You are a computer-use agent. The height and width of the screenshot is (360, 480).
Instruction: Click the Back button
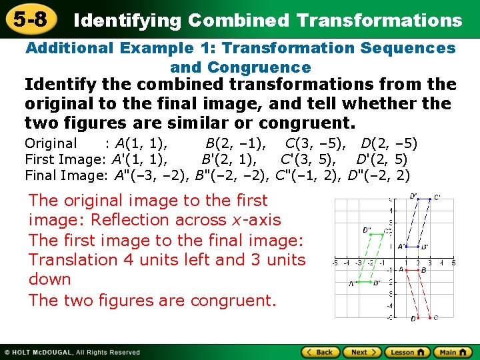click(319, 352)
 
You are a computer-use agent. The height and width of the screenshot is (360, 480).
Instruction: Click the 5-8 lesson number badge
click(29, 19)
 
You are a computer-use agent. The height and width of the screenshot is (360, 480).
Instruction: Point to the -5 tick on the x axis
click(335, 263)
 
